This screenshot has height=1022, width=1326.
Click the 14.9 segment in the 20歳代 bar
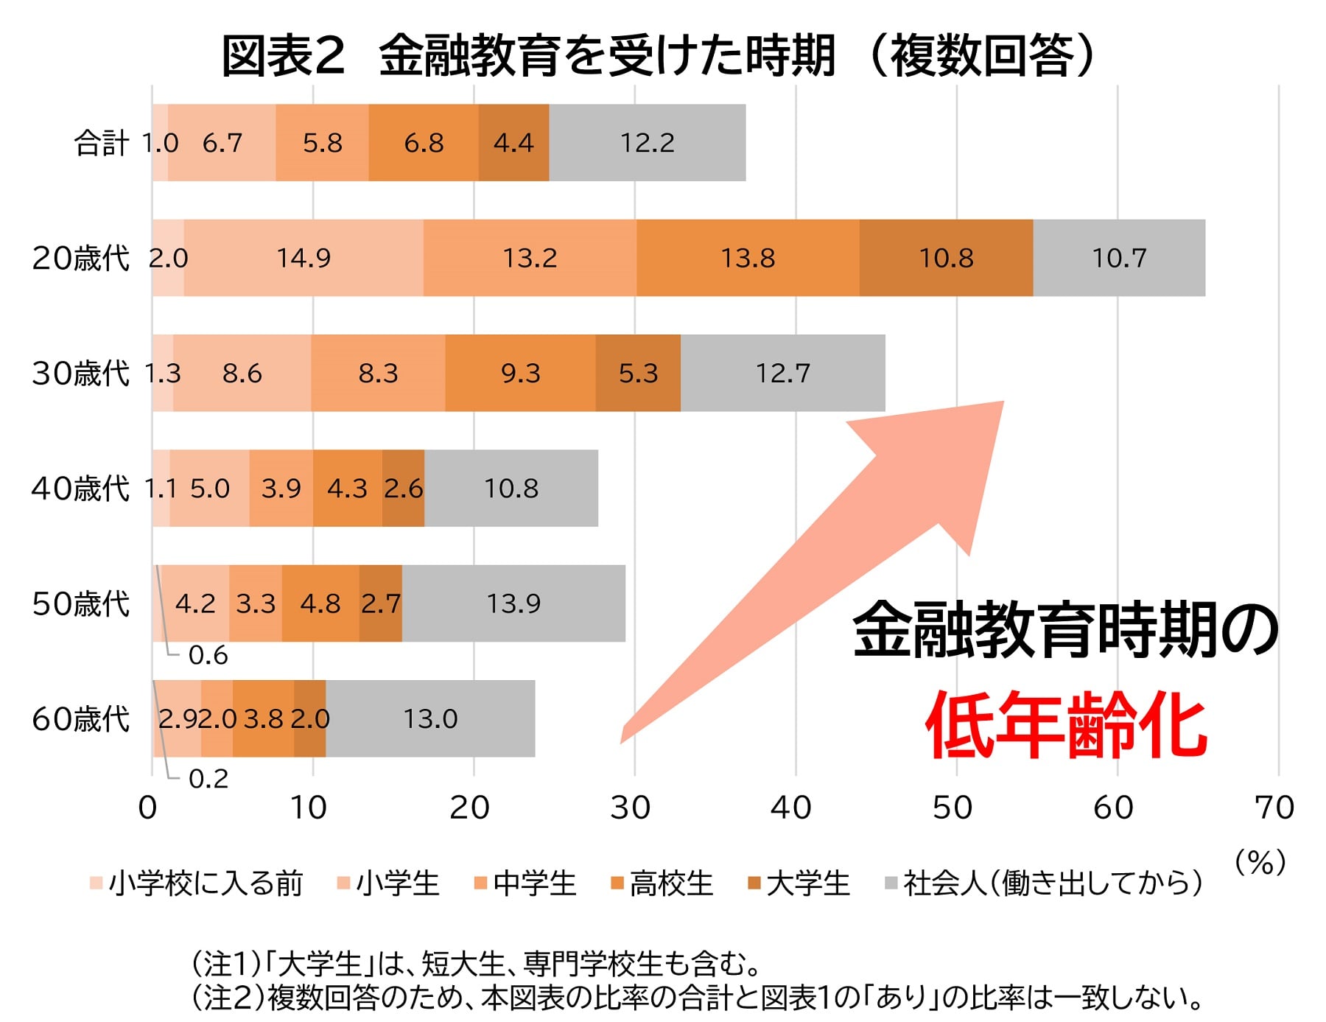tap(304, 258)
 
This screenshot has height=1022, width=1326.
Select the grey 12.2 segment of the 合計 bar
tap(647, 143)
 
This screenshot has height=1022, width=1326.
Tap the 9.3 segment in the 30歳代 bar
tap(520, 373)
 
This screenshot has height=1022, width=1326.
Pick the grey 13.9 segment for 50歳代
tap(513, 603)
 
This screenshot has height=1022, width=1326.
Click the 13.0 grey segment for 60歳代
tap(430, 718)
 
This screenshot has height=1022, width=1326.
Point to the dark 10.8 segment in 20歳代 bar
tap(946, 258)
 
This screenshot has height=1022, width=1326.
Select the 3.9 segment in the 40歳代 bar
tap(281, 489)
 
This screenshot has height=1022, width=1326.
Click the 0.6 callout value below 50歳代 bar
tap(208, 655)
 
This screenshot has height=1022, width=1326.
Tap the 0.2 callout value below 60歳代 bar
tap(208, 779)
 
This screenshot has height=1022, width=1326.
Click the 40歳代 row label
tap(80, 489)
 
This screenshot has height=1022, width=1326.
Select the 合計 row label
tap(102, 143)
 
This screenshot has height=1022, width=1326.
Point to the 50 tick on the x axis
tap(953, 808)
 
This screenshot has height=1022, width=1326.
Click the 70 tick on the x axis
tap(1274, 808)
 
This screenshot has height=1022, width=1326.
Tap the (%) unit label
tap(1260, 861)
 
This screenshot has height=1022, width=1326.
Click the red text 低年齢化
tap(1066, 725)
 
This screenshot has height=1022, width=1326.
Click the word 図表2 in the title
tap(283, 56)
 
